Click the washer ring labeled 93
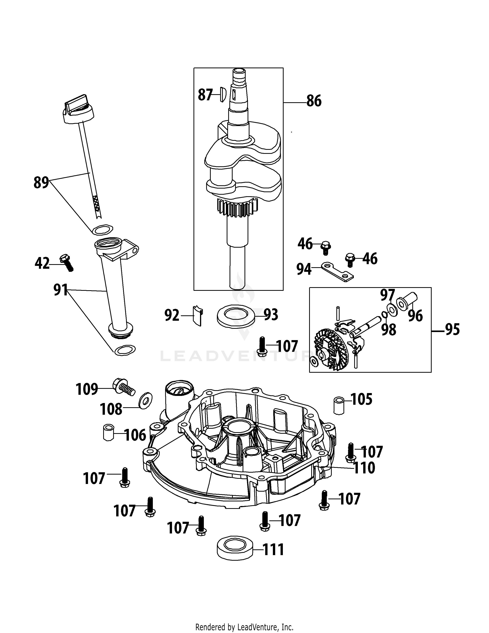236,316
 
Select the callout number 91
61,290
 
